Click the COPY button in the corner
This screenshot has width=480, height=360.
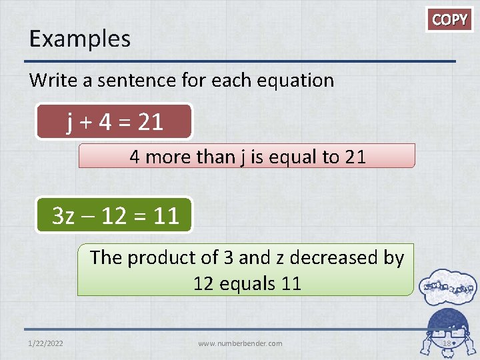450,19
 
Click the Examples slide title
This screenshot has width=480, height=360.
80,39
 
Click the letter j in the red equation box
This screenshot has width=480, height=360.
70,121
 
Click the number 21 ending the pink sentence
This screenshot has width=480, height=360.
355,157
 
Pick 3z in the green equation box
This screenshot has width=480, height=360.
64,216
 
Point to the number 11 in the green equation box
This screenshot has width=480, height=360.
165,216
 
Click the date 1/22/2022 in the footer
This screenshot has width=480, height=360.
47,343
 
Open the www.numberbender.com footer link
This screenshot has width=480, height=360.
240,343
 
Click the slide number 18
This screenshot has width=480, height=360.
447,343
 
